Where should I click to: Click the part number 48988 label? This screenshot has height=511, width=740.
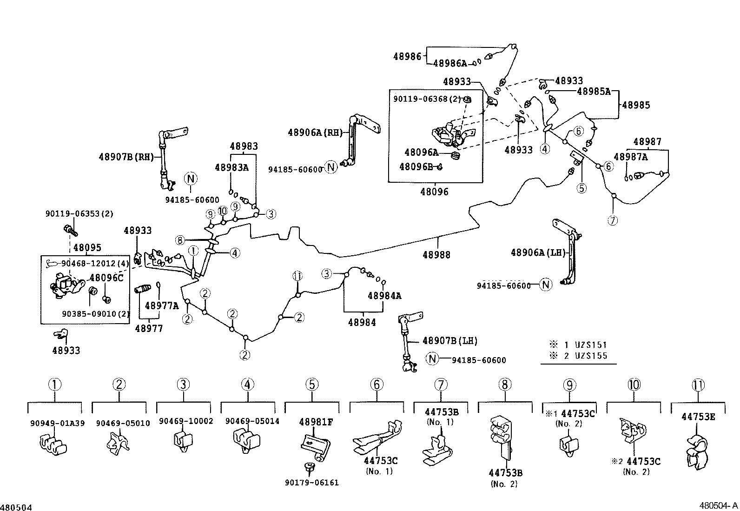[436, 255]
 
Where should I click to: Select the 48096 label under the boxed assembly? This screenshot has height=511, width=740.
[435, 192]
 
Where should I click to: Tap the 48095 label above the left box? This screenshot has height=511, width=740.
[87, 248]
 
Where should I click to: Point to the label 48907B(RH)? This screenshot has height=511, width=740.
[126, 157]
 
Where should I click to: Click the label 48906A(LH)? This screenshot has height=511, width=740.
[538, 252]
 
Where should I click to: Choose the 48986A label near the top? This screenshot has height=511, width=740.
[449, 63]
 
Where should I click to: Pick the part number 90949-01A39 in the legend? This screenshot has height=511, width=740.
[58, 423]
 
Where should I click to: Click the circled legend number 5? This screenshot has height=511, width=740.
[311, 385]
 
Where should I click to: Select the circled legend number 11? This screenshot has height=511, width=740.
[698, 385]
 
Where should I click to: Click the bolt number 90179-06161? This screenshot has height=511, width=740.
[312, 483]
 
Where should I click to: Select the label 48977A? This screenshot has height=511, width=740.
[161, 305]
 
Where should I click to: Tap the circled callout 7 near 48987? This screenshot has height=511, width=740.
[613, 220]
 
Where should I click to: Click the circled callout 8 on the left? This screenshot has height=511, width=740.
[180, 240]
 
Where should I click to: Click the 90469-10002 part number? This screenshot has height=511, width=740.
[186, 421]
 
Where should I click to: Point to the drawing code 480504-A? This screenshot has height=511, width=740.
[719, 506]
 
